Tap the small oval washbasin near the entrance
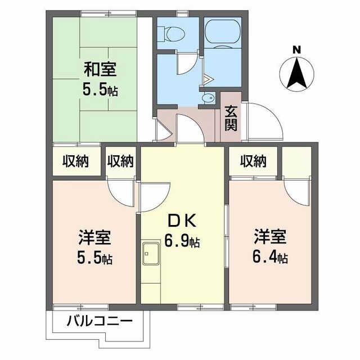[x=208, y=98]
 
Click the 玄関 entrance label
[x=231, y=118]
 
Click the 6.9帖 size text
[x=182, y=242]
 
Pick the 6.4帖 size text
[x=269, y=258]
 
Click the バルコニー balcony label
[x=100, y=323]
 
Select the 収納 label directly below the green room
[x=75, y=162]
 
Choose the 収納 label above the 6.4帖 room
[x=253, y=162]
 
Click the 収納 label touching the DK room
[x=120, y=162]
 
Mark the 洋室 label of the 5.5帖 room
[x=94, y=237]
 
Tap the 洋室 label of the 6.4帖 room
[x=269, y=236]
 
